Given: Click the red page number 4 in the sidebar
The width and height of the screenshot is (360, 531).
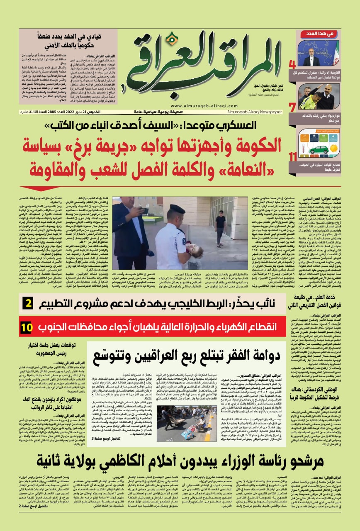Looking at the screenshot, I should click(292, 64).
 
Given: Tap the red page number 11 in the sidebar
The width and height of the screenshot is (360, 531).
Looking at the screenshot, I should click(292, 156).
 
